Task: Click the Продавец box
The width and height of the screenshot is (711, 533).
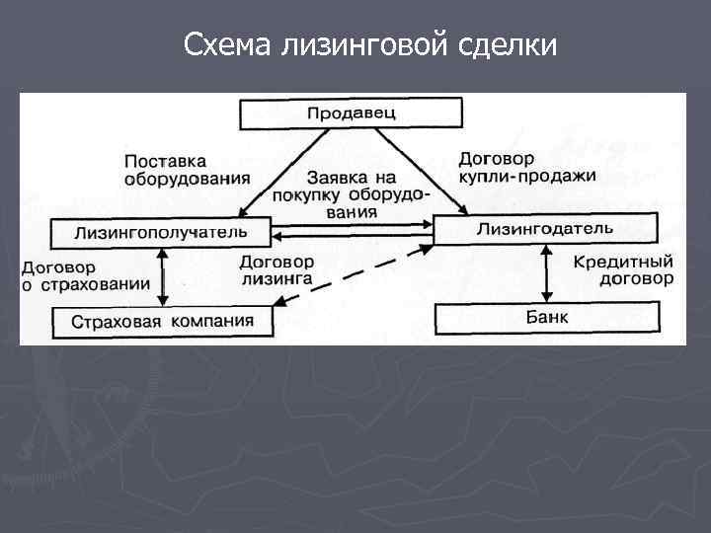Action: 351,114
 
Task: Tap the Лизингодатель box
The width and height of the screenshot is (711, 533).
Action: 545,229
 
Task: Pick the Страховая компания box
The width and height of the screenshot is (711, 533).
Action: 161,320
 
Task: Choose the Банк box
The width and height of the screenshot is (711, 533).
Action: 544,318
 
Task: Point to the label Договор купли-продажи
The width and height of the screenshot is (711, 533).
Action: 527,166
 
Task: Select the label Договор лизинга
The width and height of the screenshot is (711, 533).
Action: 276,270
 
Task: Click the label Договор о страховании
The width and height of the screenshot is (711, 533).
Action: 86,275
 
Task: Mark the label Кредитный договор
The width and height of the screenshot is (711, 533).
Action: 623,269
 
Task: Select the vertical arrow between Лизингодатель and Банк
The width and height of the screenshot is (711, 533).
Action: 545,274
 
